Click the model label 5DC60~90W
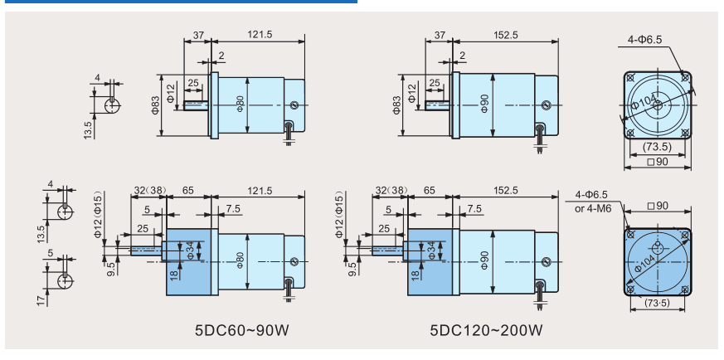click(x=243, y=330)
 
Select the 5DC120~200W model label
click(x=486, y=330)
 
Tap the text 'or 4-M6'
click(x=593, y=208)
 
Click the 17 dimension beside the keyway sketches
click(x=41, y=300)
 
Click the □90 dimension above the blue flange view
click(x=658, y=206)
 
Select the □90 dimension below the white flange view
click(x=658, y=162)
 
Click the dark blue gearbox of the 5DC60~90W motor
click(x=188, y=261)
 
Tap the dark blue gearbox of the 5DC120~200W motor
click(x=430, y=261)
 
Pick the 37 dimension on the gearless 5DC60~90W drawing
click(x=198, y=35)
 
